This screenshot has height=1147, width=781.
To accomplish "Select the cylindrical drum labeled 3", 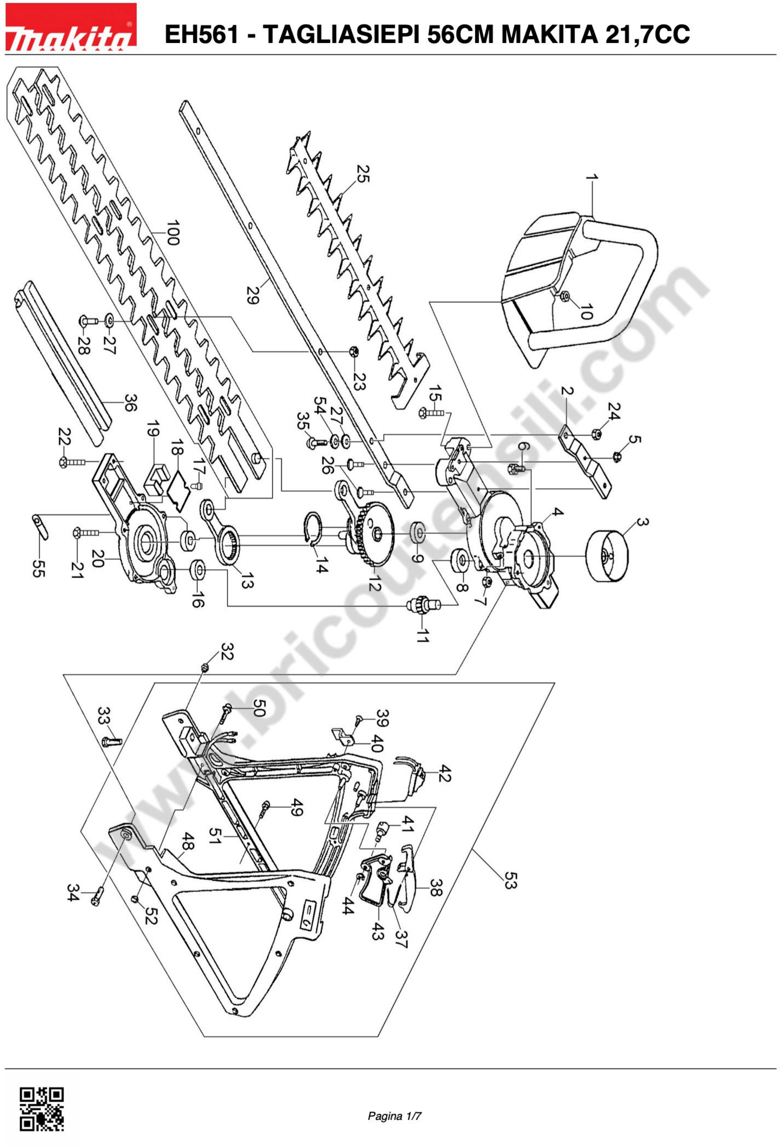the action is [607, 556].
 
